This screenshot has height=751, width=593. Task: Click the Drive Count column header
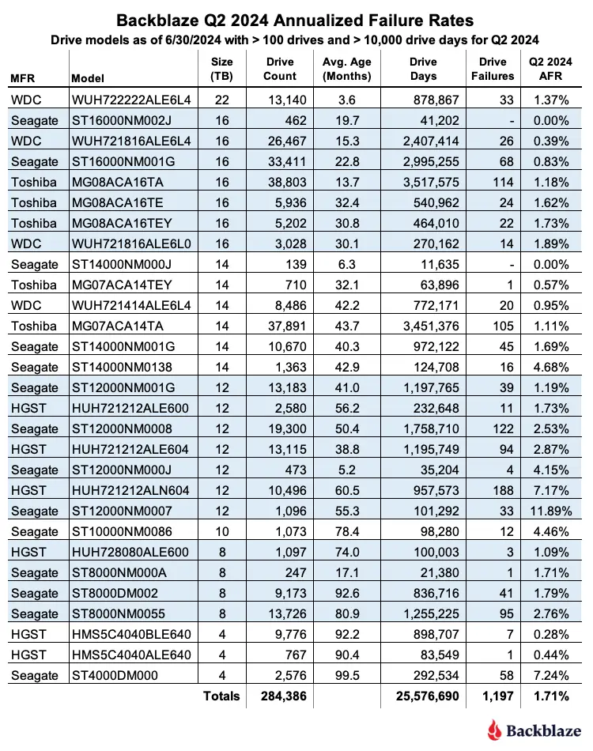click(279, 69)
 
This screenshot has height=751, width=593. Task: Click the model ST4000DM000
click(106, 675)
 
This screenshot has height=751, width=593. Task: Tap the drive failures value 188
click(504, 490)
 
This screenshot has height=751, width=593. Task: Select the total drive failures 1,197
click(497, 696)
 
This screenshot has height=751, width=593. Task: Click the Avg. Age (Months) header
click(347, 69)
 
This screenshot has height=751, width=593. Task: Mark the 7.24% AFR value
click(553, 675)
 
